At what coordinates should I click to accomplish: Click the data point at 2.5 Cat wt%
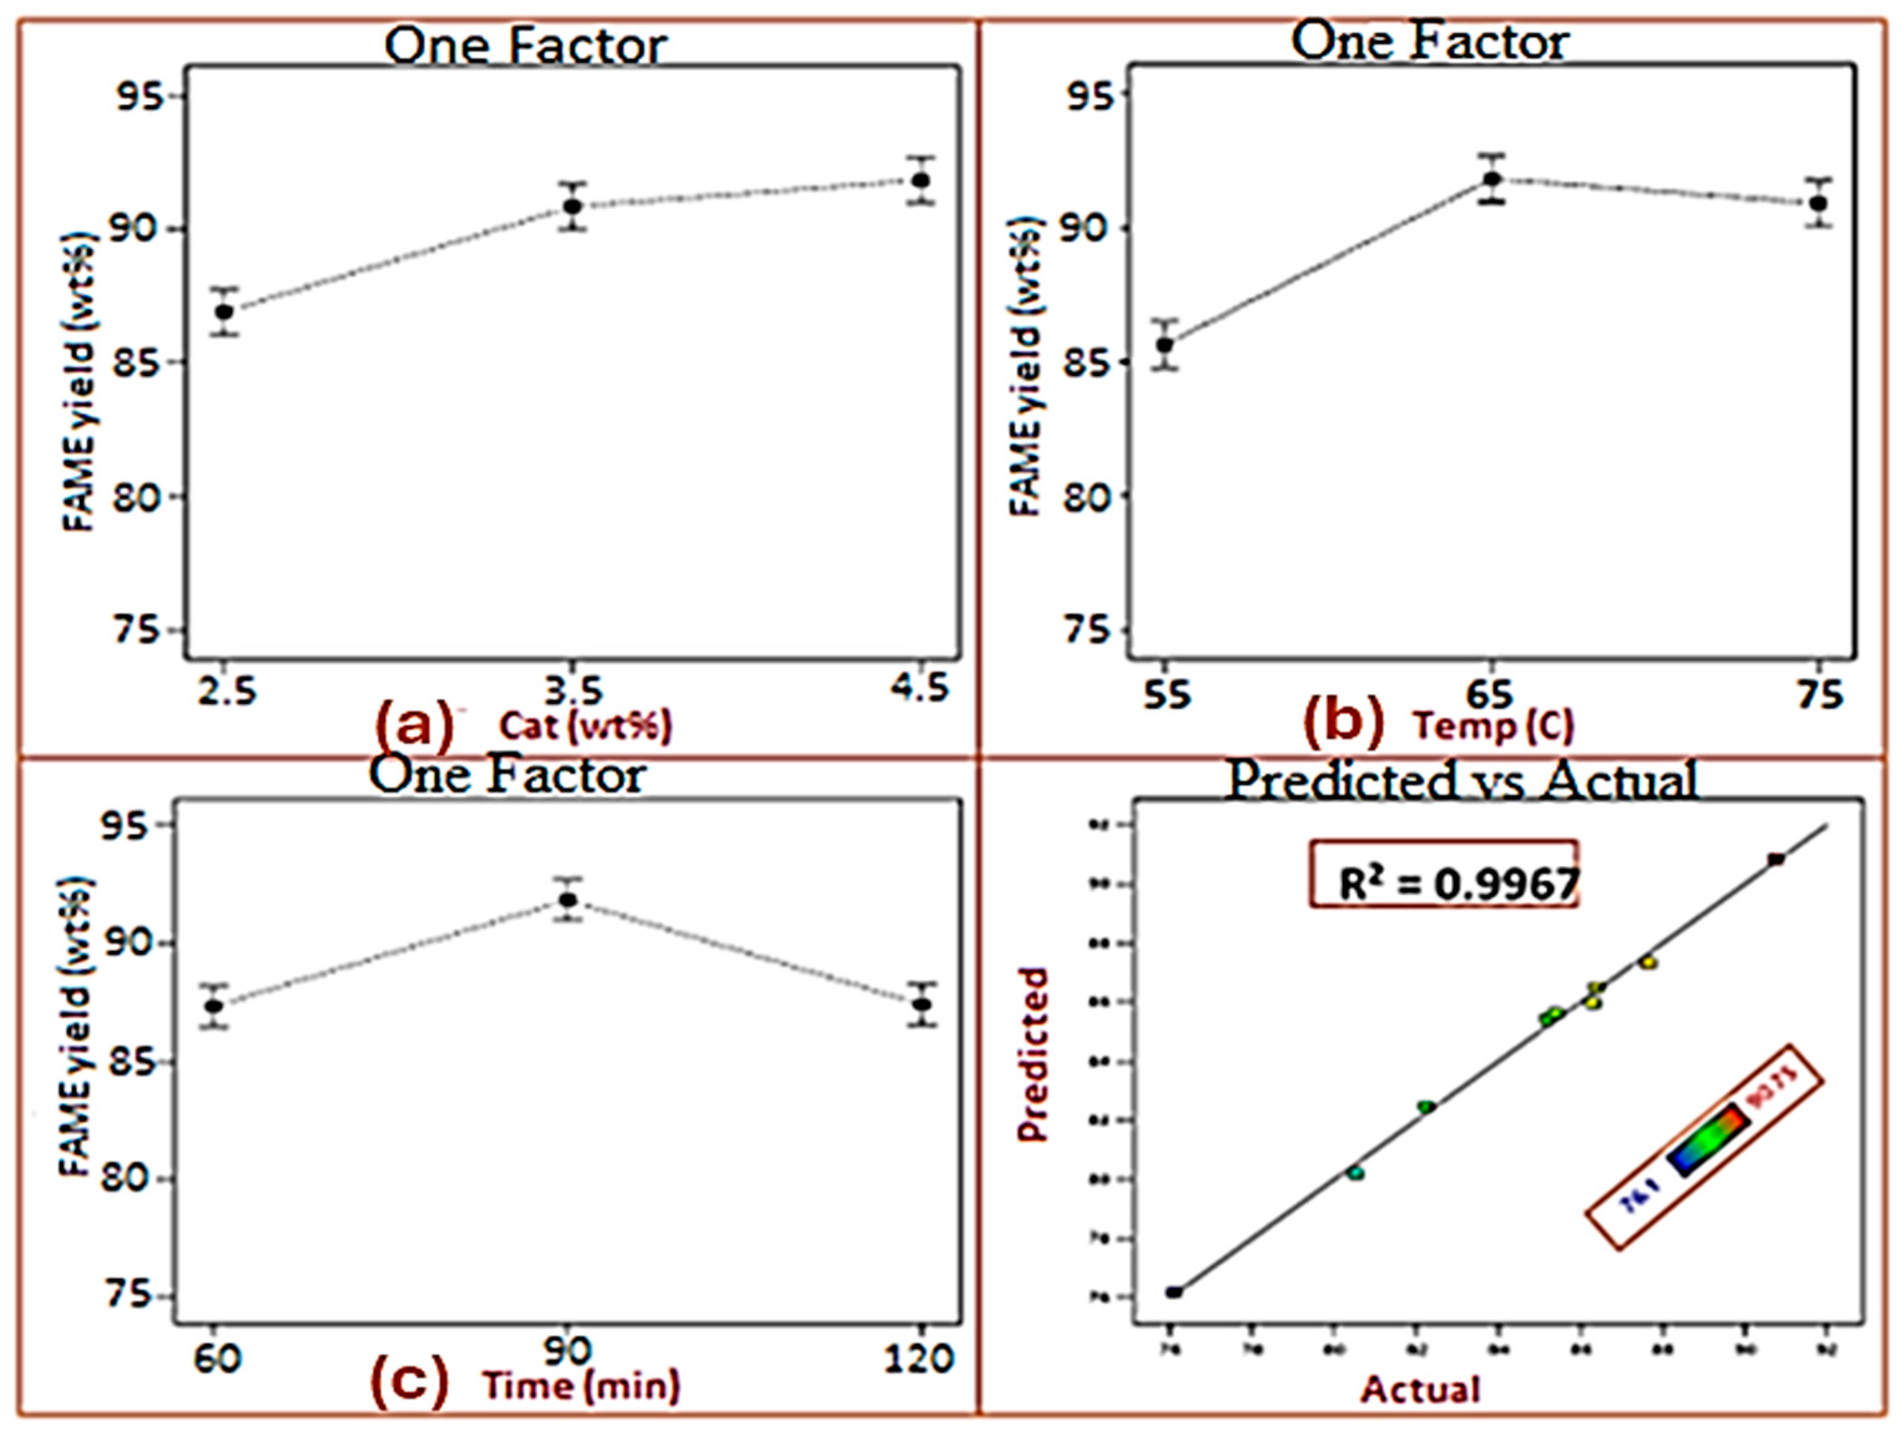coord(224,311)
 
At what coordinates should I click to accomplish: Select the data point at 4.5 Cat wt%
coord(921,180)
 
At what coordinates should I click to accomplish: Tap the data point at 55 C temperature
coord(1165,345)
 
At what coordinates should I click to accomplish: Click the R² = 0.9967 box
coord(1444,874)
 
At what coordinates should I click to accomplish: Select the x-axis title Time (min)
coord(581,1385)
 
